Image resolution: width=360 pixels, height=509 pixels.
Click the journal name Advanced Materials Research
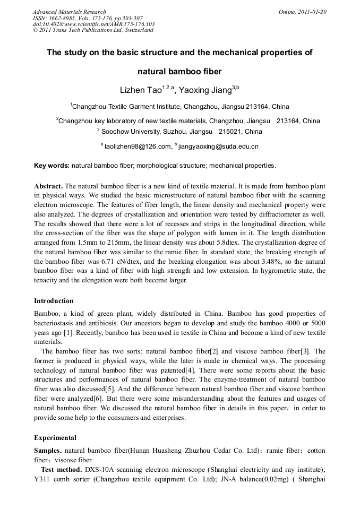tap(69, 12)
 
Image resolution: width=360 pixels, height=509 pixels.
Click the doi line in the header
tap(93, 24)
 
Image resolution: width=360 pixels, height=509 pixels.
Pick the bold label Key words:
tap(52, 166)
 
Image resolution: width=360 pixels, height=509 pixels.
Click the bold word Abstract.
tap(48, 186)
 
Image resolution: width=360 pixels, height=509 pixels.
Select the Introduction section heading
tap(54, 301)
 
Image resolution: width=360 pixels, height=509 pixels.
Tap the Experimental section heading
tap(55, 438)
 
